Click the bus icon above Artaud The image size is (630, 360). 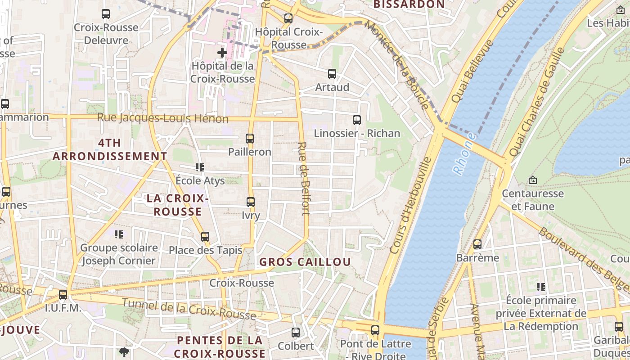tap(332, 74)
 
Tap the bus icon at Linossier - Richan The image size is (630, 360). tap(357, 120)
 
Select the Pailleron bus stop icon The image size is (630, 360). tap(250, 139)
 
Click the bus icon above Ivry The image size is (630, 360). tap(251, 202)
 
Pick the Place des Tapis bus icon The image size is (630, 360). tap(205, 236)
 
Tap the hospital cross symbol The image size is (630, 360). tap(222, 53)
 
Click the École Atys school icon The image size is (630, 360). tap(200, 167)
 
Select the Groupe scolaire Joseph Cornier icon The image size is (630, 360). tap(119, 234)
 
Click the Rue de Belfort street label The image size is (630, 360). tap(304, 179)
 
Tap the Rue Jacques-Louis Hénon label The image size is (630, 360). tap(163, 119)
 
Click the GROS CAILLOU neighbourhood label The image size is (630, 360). tap(305, 262)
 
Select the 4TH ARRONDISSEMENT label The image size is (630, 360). tap(110, 149)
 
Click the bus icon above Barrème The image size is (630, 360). tap(477, 244)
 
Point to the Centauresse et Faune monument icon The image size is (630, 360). tap(533, 180)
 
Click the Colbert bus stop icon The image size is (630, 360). tap(296, 333)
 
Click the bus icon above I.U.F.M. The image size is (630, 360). tap(63, 295)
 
